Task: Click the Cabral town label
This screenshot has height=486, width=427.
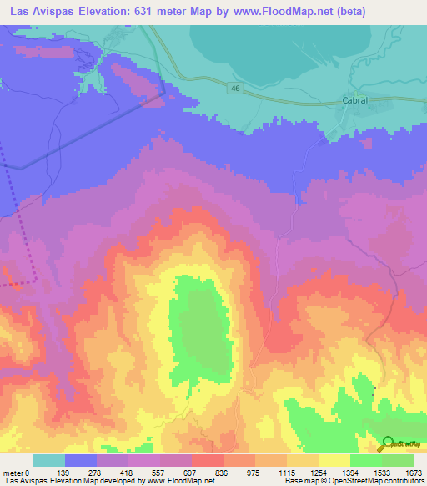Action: (x=355, y=99)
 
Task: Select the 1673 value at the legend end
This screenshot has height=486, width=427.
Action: (x=413, y=473)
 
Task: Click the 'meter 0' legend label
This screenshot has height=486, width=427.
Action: (x=17, y=473)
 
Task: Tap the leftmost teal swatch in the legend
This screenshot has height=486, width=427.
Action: (x=48, y=460)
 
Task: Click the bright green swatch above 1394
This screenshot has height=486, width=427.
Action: (x=365, y=460)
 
